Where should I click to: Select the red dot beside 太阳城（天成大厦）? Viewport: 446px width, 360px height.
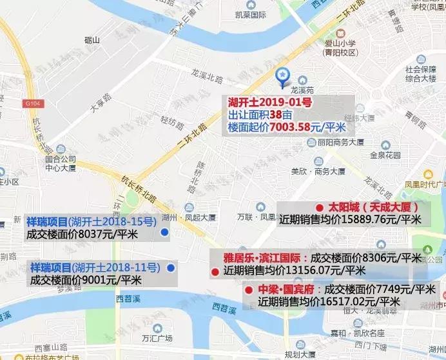tap(319, 207)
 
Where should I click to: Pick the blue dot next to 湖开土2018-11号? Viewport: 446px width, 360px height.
tap(171, 267)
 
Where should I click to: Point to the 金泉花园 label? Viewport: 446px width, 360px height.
tap(385, 155)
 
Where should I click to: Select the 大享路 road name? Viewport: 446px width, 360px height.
tap(97, 103)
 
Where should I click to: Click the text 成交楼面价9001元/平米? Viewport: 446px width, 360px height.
tap(85, 280)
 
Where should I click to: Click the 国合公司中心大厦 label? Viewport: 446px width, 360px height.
tap(60, 163)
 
